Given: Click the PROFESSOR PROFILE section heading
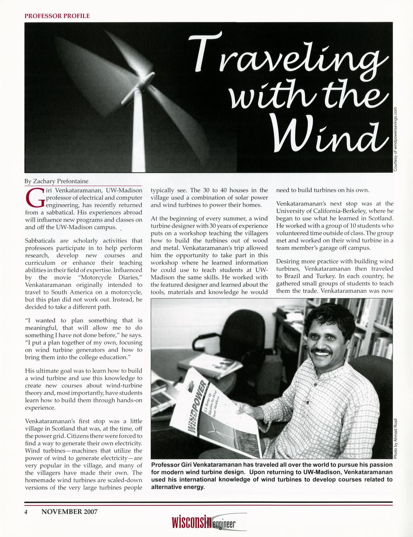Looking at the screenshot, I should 57,16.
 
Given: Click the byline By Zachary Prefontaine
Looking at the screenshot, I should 56,181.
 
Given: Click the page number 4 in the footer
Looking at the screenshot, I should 26,512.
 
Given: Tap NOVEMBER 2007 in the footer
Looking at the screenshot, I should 69,512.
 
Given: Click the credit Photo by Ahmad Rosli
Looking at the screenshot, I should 395,438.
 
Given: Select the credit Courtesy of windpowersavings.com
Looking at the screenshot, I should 395,138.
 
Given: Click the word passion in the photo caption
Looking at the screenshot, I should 380,465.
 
